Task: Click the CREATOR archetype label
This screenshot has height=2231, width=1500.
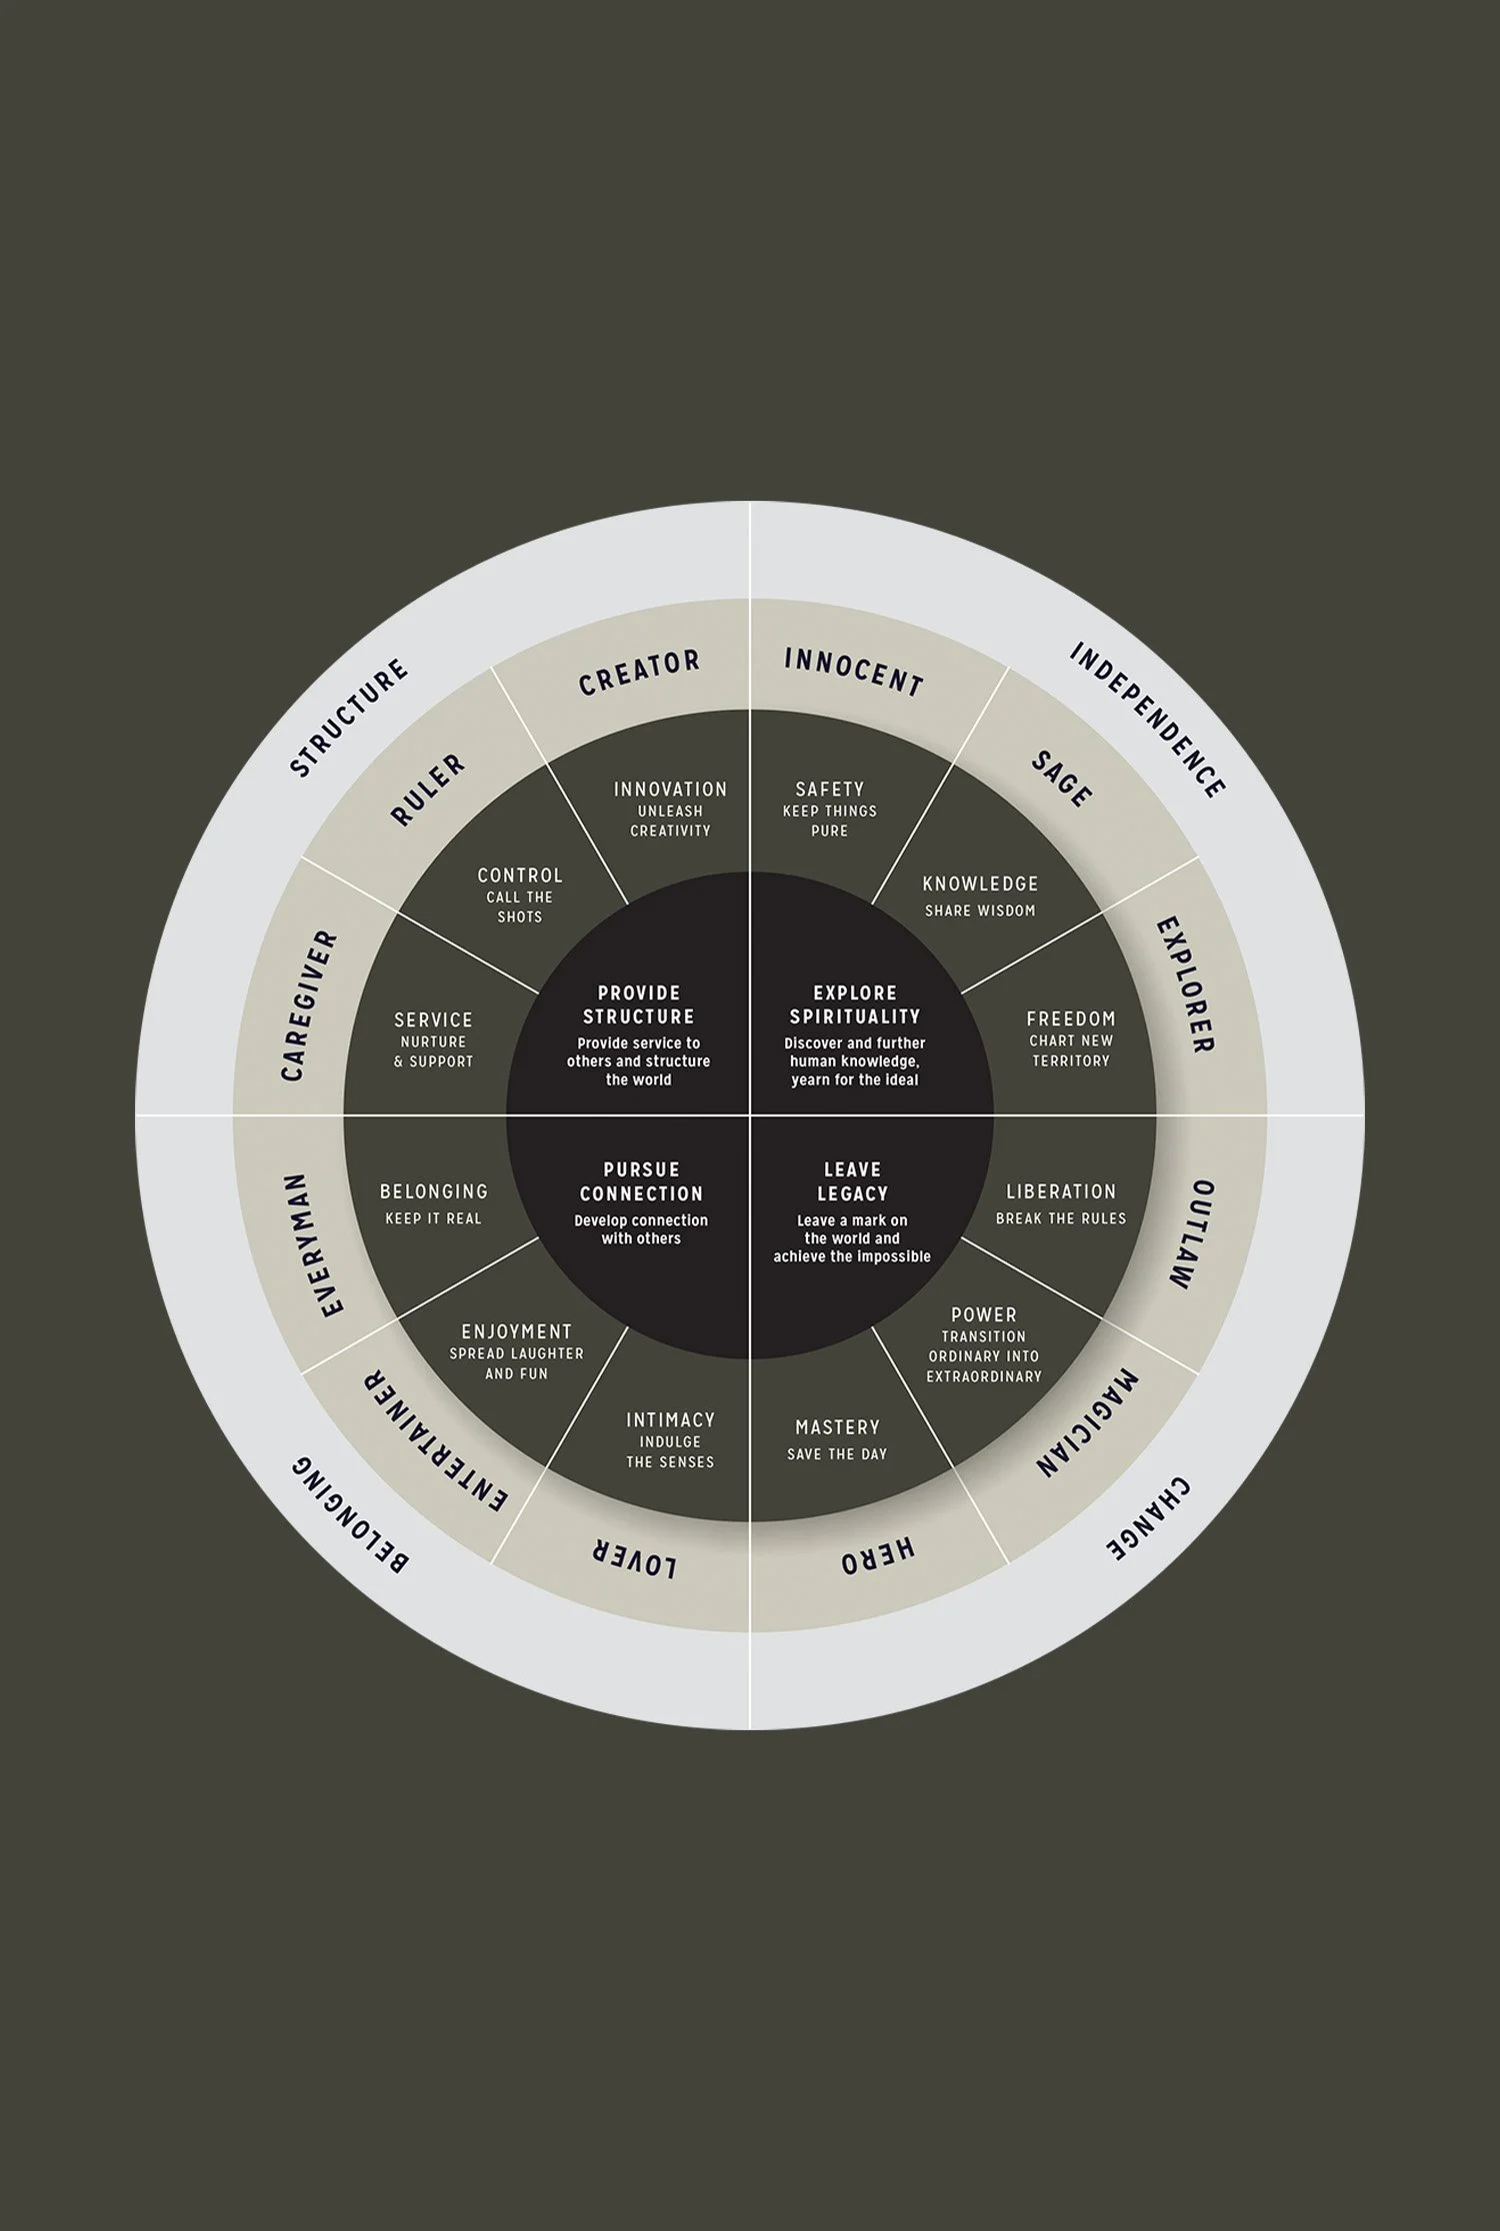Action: (x=639, y=673)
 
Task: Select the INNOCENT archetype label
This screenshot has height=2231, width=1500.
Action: (x=853, y=672)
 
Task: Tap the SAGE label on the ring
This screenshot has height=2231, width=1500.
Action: (x=1061, y=780)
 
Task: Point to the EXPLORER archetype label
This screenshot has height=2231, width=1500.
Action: (x=1186, y=986)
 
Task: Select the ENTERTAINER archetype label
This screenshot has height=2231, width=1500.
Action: (x=435, y=1443)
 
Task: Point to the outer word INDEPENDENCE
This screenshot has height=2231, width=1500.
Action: (x=1148, y=721)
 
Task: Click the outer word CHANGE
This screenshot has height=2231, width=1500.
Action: (x=1149, y=1519)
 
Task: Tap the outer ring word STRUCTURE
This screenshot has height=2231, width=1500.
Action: (x=349, y=717)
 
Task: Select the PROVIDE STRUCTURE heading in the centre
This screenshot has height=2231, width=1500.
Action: (x=639, y=1005)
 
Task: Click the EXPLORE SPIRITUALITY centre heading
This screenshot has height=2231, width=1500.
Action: (x=855, y=1005)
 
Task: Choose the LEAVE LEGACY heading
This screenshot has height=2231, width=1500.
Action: (x=852, y=1180)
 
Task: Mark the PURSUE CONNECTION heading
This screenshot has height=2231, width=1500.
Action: (x=641, y=1180)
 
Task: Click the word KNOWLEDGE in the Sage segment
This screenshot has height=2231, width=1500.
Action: (x=980, y=884)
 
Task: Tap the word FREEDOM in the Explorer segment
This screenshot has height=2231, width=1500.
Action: (x=1071, y=1019)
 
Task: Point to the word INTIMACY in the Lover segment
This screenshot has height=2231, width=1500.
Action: (x=670, y=1419)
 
